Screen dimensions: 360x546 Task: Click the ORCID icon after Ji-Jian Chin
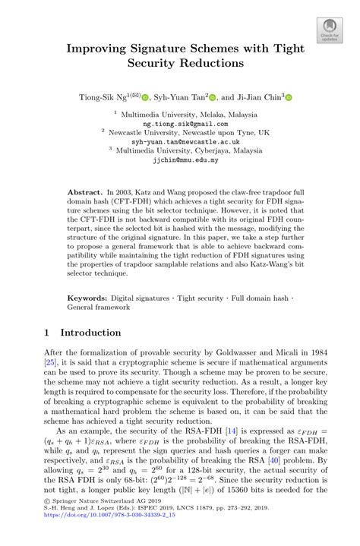289,98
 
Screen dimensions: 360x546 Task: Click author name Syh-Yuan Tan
182,97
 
